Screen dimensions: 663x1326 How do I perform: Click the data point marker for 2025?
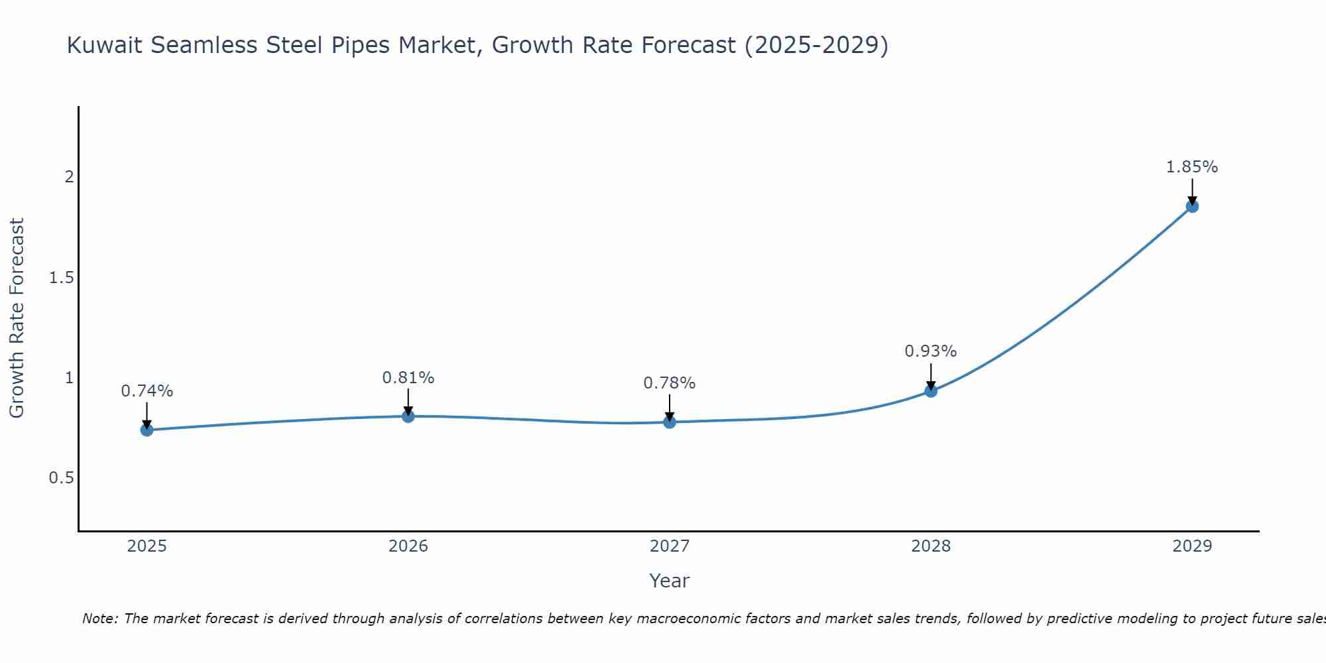[x=147, y=430]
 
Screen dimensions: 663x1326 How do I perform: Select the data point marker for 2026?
[x=408, y=416]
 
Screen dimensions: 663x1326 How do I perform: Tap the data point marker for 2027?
[x=669, y=422]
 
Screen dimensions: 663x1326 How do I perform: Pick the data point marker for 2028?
[x=930, y=391]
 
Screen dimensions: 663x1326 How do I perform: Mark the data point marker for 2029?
[x=1191, y=206]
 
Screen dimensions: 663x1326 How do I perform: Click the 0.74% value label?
[x=147, y=391]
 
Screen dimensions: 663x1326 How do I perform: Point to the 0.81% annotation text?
[x=408, y=378]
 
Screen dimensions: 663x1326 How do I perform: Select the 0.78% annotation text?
[x=669, y=383]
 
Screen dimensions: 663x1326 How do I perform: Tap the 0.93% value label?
[x=930, y=351]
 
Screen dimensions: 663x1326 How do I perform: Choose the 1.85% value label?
[x=1191, y=167]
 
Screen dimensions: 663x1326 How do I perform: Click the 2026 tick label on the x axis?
[x=408, y=546]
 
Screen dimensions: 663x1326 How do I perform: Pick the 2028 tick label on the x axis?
[x=930, y=546]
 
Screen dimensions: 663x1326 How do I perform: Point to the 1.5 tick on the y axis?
[x=61, y=277]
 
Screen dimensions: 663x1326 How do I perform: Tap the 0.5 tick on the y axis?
[x=61, y=478]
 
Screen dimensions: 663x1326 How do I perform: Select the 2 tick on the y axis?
[x=68, y=177]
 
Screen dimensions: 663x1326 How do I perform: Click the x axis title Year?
[x=669, y=581]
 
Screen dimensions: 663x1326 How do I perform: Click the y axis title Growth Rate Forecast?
[x=17, y=318]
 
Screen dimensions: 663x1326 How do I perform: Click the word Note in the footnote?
[x=99, y=619]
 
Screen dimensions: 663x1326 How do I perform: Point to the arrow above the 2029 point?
[x=1191, y=191]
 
